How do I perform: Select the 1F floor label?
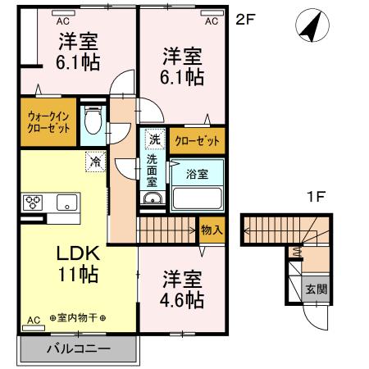point(316,197)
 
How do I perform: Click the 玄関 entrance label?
point(316,289)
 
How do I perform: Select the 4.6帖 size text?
point(182,299)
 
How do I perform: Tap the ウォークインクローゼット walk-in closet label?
point(48,123)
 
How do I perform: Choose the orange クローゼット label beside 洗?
point(198,141)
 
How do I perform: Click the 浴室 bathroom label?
point(197,174)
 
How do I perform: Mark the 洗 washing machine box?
point(153,139)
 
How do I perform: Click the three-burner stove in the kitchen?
point(34,202)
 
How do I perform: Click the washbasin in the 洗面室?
point(152,199)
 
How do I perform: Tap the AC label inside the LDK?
point(34,319)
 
